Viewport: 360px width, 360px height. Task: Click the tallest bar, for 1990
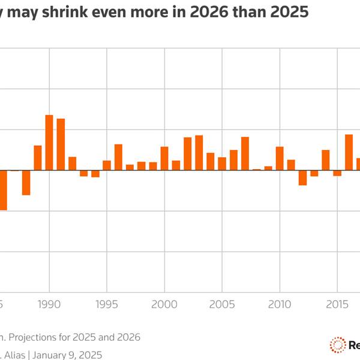(49, 142)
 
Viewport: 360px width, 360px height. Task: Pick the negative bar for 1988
(26, 182)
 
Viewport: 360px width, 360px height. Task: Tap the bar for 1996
(118, 157)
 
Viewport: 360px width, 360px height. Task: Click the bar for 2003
(199, 152)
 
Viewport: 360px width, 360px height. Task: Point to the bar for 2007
(245, 154)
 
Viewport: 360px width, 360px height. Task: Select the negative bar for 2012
(302, 178)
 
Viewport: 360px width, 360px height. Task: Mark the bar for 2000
(164, 158)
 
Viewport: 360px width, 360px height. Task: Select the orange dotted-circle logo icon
(337, 344)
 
